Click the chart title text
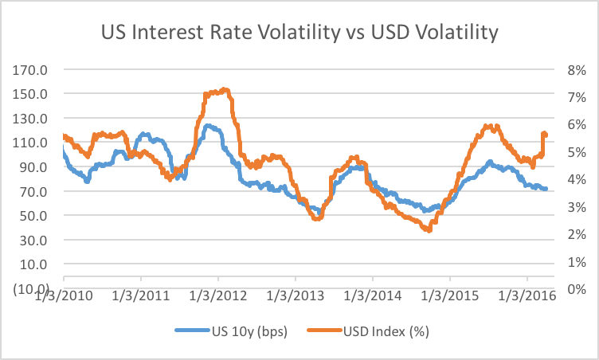coord(299,33)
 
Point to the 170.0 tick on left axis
coord(31,69)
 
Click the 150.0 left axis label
coord(31,94)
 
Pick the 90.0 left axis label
coord(34,167)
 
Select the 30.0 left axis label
coord(34,240)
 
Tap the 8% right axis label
coord(576,69)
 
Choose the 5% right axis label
coord(576,152)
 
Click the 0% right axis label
coord(576,289)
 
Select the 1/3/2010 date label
coord(64,297)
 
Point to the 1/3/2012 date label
coord(218,297)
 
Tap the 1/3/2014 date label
coord(373,297)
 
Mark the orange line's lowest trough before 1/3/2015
coord(429,229)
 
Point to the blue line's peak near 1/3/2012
coord(209,125)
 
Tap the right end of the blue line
coord(546,189)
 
